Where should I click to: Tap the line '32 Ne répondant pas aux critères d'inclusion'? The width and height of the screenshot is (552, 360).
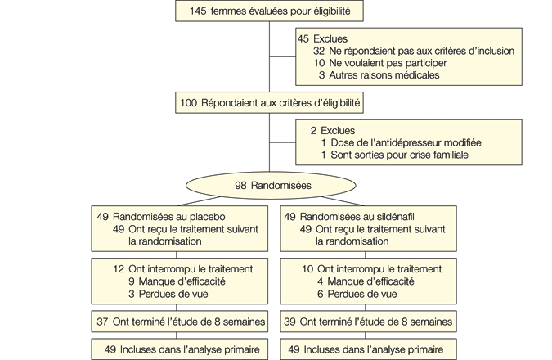tap(413, 51)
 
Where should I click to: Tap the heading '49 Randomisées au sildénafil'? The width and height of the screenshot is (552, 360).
tap(349, 216)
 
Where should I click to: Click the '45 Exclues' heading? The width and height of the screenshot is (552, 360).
tap(321, 38)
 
